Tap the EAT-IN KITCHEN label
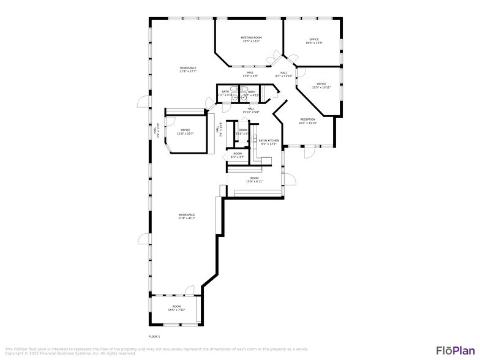pos(269,142)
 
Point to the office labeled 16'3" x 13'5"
pos(313,41)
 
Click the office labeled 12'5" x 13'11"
pos(321,86)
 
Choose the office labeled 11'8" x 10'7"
pos(185,132)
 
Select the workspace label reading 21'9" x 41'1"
pos(187,216)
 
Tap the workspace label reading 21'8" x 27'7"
pos(188,69)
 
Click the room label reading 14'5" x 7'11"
pos(176,308)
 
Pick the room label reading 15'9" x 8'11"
pos(254,179)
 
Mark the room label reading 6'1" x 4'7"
pos(238,155)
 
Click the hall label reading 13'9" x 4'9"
pos(250,74)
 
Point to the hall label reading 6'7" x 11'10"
pos(284,74)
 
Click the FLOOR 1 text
pos(155,337)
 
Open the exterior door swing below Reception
pos(310,153)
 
